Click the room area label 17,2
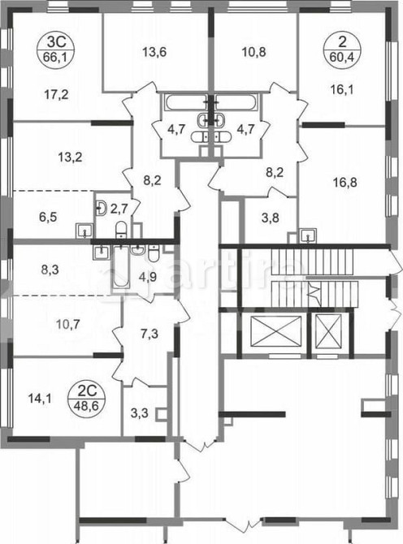tap(54, 94)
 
